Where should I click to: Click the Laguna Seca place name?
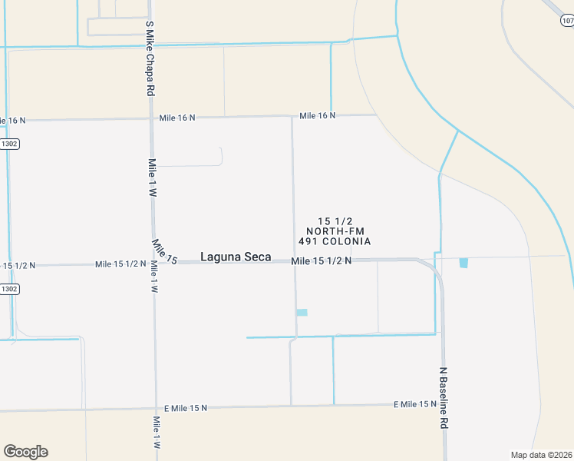(236, 257)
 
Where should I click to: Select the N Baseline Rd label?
(443, 397)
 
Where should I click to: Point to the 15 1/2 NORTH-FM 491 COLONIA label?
(335, 231)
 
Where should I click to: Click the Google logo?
(25, 452)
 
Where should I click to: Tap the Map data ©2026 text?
(541, 455)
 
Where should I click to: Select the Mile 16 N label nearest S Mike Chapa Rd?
(177, 118)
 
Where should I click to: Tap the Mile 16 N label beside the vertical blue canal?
(318, 116)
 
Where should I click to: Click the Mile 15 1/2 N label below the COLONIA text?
(322, 261)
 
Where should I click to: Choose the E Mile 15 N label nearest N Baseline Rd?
(415, 404)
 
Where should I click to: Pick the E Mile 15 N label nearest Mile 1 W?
(186, 408)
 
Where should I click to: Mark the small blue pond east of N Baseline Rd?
(463, 263)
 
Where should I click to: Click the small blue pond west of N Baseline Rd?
(302, 312)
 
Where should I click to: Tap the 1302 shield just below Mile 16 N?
(9, 144)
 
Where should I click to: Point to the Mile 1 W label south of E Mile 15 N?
(157, 433)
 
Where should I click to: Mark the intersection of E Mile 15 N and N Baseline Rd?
(444, 403)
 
